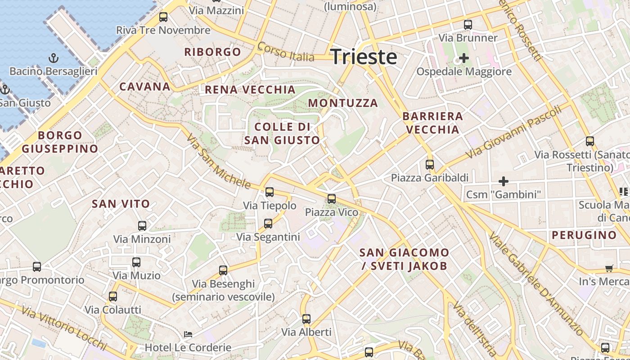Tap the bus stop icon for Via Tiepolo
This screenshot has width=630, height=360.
270,192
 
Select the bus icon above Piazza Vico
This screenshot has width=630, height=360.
332,198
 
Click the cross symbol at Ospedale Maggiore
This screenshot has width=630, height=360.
463,58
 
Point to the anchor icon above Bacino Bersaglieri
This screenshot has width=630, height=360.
54,58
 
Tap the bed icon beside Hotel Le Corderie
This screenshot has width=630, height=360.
188,334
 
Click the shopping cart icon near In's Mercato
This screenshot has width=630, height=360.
609,269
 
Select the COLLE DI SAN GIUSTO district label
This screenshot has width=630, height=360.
282,133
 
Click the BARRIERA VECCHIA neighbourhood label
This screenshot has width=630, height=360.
432,123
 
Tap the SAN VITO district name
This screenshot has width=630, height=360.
121,204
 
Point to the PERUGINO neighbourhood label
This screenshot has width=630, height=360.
584,235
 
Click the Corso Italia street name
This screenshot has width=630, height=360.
286,52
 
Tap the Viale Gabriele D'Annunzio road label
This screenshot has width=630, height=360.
535,283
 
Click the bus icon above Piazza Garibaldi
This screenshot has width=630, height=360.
430,165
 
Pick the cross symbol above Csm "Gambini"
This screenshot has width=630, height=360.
504,181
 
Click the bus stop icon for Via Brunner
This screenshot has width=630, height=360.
468,25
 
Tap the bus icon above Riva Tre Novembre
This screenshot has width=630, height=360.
163,17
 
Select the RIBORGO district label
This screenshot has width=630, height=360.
213,52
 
